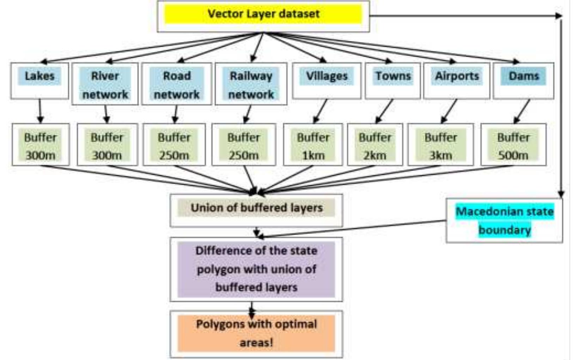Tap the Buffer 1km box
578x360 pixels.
pyautogui.click(x=313, y=145)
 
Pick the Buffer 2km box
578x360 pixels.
pyautogui.click(x=375, y=145)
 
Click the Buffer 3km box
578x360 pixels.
pyautogui.click(x=440, y=145)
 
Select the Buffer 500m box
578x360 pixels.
pyautogui.click(x=513, y=145)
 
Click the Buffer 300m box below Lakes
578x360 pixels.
pyautogui.click(x=41, y=145)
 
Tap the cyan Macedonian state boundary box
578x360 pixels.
pyautogui.click(x=504, y=220)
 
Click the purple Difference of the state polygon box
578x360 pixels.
pyautogui.click(x=256, y=269)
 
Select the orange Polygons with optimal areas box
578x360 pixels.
pyautogui.click(x=256, y=333)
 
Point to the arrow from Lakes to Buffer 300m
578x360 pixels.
pyautogui.click(x=40, y=111)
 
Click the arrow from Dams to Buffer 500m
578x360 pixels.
pyautogui.click(x=522, y=111)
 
